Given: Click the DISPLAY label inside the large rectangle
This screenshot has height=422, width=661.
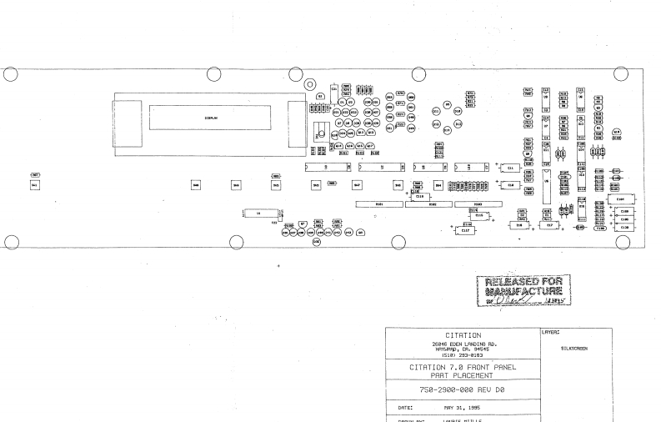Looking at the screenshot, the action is (210, 118).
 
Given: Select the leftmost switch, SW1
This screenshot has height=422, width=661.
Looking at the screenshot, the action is (35, 184).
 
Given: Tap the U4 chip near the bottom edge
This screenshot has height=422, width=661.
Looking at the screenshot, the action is (258, 214).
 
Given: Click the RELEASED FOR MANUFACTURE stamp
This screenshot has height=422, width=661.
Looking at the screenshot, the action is (519, 289).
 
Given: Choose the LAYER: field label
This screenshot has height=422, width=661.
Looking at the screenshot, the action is (550, 333).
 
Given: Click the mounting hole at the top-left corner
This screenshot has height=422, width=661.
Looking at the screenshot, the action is (11, 73).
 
